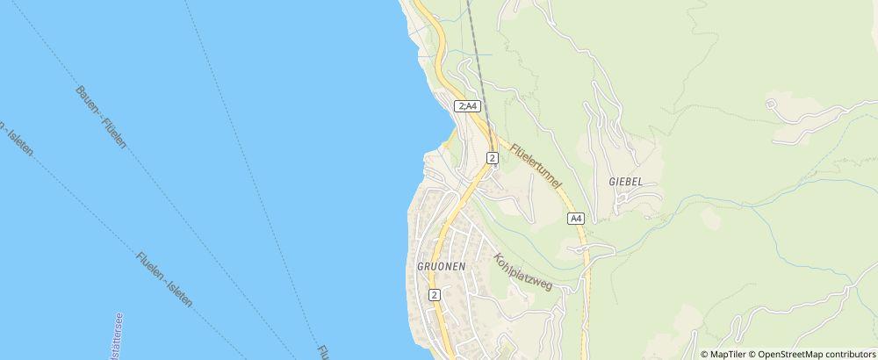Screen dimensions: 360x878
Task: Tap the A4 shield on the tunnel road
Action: (x=575, y=218)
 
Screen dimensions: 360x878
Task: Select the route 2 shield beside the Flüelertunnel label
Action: (x=493, y=158)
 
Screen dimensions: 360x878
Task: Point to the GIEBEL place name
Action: (x=625, y=181)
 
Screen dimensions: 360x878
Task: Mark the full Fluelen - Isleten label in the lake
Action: (x=164, y=279)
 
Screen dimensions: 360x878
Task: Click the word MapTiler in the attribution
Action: (x=728, y=354)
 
